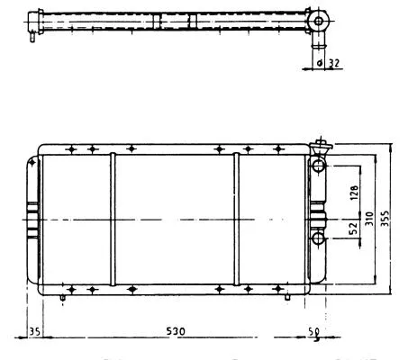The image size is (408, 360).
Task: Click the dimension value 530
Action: pyautogui.click(x=176, y=331)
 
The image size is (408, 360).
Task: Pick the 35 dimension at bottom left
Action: pyautogui.click(x=34, y=330)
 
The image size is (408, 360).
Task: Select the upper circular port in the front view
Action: pyautogui.click(x=319, y=166)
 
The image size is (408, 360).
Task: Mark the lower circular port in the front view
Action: pyautogui.click(x=319, y=238)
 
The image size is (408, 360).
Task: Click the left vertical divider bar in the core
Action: pyautogui.click(x=112, y=219)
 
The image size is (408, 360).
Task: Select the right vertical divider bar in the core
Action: pyautogui.click(x=237, y=219)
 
